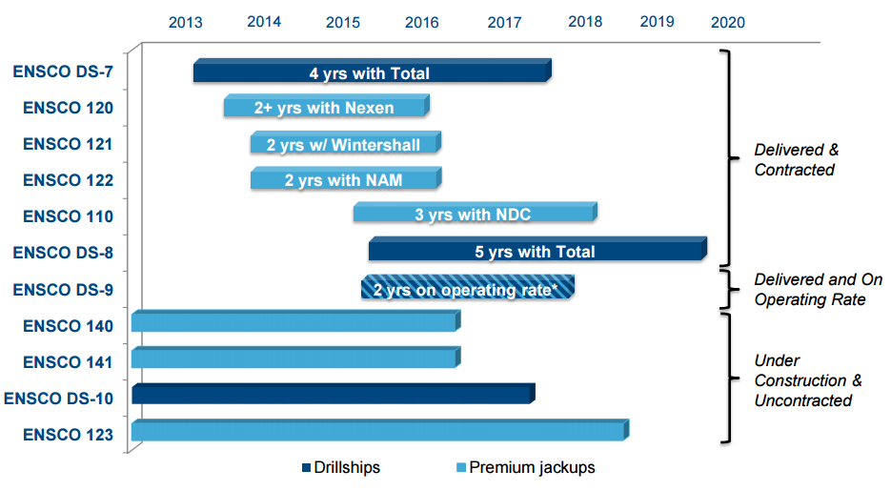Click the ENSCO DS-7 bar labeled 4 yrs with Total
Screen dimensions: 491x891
click(371, 72)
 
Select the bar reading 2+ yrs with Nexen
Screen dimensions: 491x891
click(325, 108)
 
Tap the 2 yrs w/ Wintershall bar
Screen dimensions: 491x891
click(344, 145)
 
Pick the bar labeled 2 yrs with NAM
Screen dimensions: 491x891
click(344, 180)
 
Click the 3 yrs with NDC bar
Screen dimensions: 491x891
click(474, 215)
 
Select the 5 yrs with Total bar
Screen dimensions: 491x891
click(537, 252)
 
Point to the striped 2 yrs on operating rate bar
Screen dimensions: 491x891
click(467, 289)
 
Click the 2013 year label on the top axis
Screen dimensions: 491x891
click(185, 22)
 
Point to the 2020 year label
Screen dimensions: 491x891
click(728, 22)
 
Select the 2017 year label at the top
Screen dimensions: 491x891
click(504, 22)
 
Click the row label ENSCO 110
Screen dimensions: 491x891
click(68, 216)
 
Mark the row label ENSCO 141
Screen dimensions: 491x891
click(68, 361)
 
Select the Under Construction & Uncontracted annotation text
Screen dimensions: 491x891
click(807, 380)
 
